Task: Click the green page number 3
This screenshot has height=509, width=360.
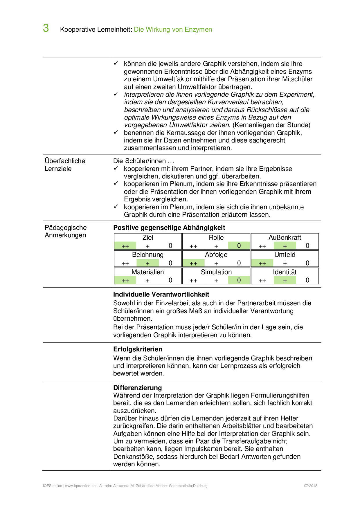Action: (46, 28)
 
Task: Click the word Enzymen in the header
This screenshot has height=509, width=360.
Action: (199, 30)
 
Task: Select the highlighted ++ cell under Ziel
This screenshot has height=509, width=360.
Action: (125, 246)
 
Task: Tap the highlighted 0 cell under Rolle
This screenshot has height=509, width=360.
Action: (239, 246)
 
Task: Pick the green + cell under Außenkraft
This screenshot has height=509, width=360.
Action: (285, 246)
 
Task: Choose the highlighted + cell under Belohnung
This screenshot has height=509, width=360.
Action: (148, 263)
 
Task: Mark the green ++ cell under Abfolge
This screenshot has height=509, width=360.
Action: (194, 263)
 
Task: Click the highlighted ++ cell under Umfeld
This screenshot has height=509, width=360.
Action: (262, 263)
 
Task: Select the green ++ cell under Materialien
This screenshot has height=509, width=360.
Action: (125, 280)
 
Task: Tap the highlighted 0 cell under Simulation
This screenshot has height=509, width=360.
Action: (239, 280)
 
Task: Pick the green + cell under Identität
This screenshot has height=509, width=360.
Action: (285, 280)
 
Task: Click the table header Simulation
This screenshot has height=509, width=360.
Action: (216, 272)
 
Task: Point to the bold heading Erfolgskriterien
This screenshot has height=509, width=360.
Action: (138, 349)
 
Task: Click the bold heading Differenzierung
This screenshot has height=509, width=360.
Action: (138, 388)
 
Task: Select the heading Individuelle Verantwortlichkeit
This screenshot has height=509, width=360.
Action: (161, 295)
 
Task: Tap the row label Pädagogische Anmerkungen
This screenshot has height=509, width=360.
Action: (66, 232)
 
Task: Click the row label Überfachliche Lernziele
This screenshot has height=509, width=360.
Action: (65, 165)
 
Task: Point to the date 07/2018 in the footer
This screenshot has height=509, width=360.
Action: (311, 486)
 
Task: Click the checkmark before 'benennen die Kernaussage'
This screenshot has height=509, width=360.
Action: (116, 132)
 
